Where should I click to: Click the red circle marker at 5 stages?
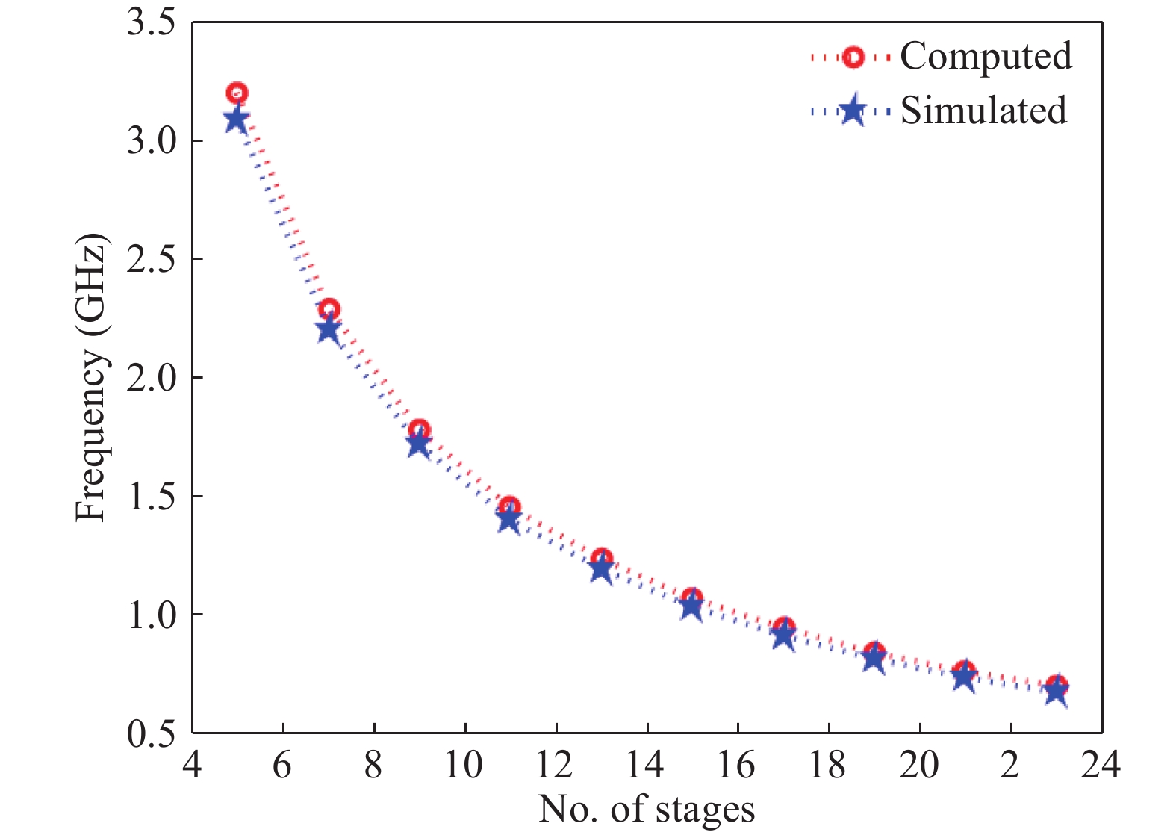[237, 93]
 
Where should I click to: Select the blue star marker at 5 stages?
[237, 120]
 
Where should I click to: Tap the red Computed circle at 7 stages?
[329, 309]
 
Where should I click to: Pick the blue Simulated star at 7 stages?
[328, 331]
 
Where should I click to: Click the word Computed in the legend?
[986, 57]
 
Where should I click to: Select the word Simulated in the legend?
[983, 111]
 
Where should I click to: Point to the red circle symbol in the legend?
[853, 58]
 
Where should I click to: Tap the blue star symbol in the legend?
[852, 112]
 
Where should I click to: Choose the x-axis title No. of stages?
[647, 810]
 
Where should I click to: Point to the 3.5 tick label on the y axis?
[152, 23]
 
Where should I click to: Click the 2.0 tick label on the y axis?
[152, 378]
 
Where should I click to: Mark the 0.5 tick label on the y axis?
[152, 733]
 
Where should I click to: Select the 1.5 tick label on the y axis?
[152, 497]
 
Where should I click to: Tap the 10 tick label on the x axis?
[464, 765]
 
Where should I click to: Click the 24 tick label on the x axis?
[1101, 765]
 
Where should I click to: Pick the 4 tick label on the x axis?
[193, 765]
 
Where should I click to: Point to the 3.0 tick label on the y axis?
[152, 141]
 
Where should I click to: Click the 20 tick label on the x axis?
[918, 765]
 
